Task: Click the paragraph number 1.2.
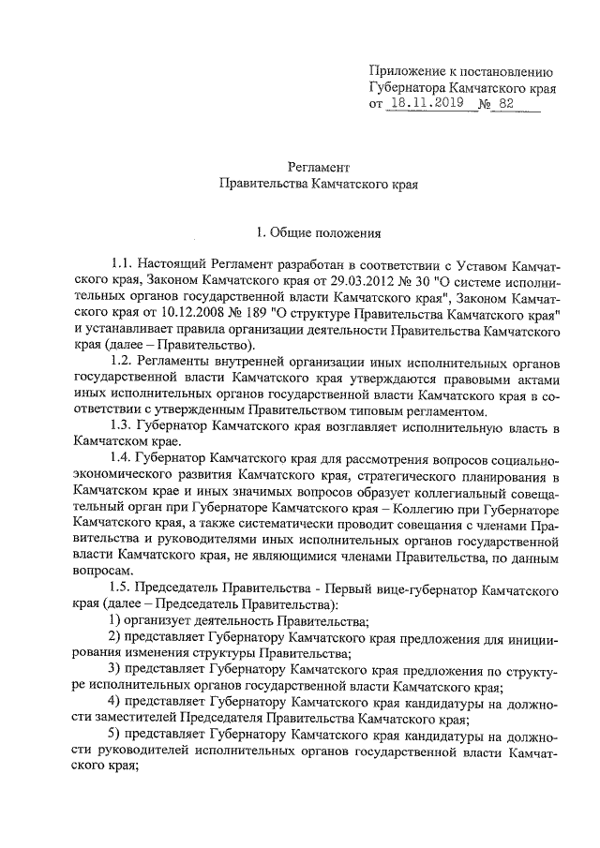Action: click(x=122, y=362)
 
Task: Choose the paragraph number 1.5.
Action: click(x=122, y=589)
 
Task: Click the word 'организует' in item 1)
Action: click(x=164, y=621)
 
